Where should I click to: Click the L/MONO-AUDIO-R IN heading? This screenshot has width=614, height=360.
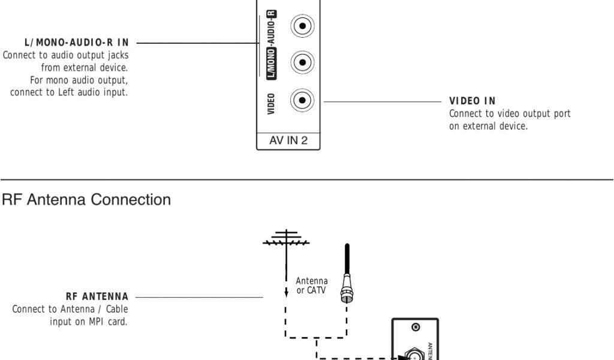click(x=76, y=43)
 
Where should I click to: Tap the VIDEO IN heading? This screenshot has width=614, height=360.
click(x=472, y=100)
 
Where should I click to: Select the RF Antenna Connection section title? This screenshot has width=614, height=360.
click(x=87, y=200)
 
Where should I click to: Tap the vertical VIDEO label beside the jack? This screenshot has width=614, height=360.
click(x=272, y=103)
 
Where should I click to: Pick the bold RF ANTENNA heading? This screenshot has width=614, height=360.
click(x=97, y=296)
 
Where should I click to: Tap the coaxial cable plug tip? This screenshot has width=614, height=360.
click(x=347, y=293)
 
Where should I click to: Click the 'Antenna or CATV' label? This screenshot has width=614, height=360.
click(x=312, y=284)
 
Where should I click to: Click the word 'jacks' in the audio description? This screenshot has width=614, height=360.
click(x=117, y=55)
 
